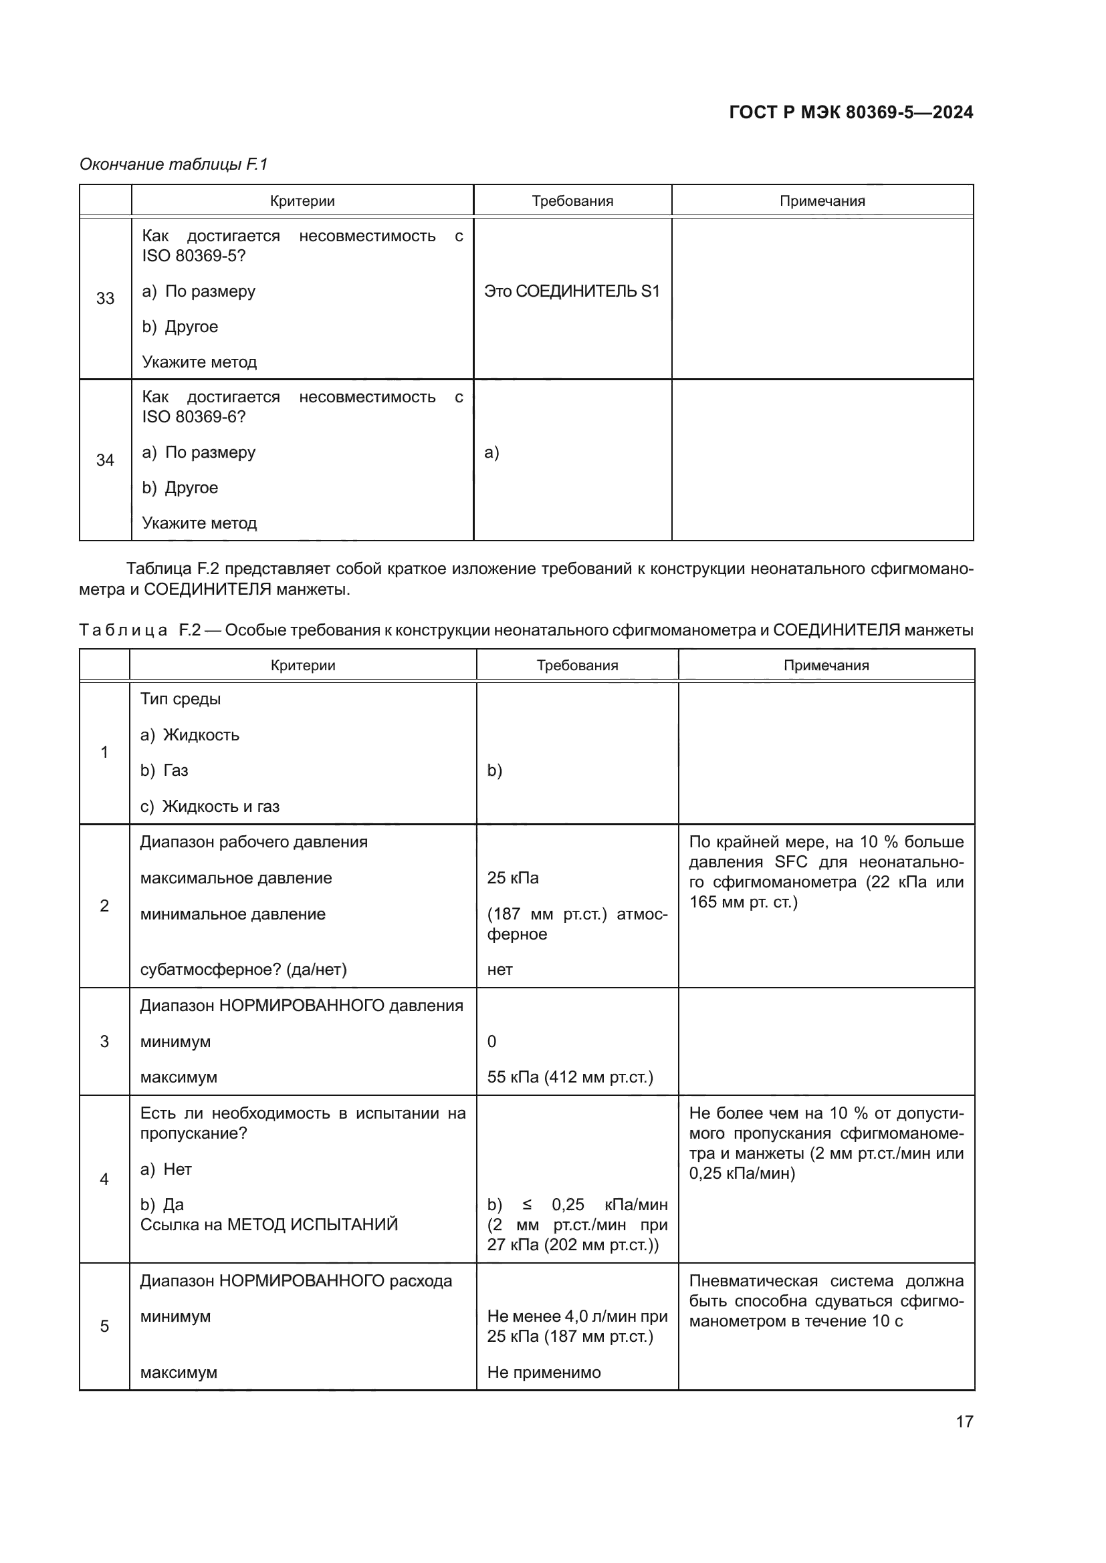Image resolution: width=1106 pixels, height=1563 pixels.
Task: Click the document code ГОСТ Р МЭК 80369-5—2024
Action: [851, 112]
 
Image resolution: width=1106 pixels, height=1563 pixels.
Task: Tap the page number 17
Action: [964, 1421]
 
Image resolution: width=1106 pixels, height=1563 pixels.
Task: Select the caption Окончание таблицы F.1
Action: [174, 164]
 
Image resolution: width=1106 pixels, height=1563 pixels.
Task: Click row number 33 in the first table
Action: [105, 298]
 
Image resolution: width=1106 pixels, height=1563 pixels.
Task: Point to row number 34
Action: [105, 460]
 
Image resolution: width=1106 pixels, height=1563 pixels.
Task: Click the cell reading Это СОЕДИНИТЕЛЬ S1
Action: [572, 291]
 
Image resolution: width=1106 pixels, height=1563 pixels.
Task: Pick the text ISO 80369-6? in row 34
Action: [193, 416]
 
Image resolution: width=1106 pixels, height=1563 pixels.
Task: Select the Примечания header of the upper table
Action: [822, 201]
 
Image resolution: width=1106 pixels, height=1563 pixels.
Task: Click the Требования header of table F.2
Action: [577, 665]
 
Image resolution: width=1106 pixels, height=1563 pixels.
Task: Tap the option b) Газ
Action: [164, 770]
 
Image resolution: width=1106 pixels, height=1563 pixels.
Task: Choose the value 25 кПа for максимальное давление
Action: [513, 877]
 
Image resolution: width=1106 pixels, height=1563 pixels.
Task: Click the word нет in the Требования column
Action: [500, 970]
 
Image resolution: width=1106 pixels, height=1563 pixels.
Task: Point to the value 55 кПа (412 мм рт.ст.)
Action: [570, 1077]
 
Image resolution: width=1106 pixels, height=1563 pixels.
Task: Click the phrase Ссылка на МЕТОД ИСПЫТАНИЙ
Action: [269, 1225]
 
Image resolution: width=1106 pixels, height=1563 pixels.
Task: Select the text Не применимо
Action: [544, 1372]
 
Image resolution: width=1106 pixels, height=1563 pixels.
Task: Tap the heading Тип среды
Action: [181, 698]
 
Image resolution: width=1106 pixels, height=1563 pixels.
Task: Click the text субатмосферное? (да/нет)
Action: [243, 970]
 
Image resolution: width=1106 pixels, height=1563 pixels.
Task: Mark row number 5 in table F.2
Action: [104, 1326]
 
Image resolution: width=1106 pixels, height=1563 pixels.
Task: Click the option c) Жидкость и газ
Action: [210, 806]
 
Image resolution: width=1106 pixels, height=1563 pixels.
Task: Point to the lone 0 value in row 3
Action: [491, 1041]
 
